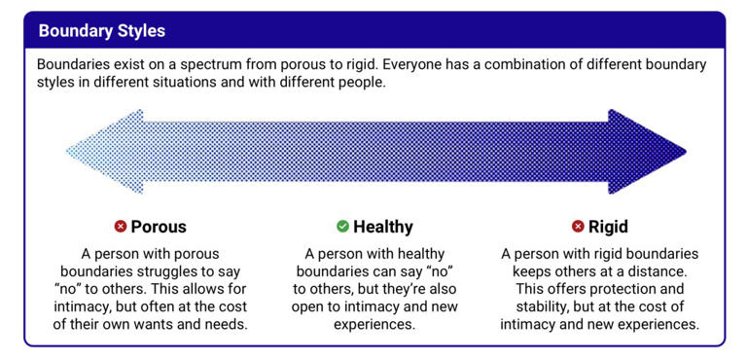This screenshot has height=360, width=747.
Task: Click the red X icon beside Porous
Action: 121,227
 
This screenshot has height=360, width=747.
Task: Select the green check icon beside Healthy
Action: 342,227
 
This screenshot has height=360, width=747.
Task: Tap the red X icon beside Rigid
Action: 578,227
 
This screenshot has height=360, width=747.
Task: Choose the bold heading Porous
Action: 159,227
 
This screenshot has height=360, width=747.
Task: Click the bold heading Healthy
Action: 383,227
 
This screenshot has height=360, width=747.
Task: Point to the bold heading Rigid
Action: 608,227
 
